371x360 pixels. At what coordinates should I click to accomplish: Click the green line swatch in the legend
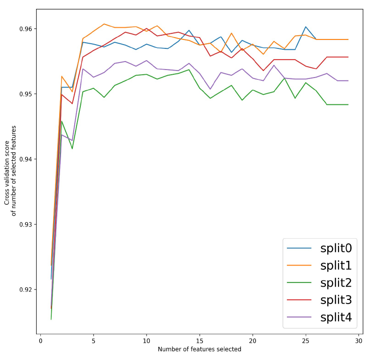(x=298, y=283)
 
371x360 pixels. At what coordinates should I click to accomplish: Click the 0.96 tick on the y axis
(x=25, y=29)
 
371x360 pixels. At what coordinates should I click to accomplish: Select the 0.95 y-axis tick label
(x=25, y=94)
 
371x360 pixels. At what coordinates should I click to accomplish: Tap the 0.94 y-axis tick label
(x=25, y=159)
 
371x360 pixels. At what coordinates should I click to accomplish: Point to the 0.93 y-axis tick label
(x=25, y=224)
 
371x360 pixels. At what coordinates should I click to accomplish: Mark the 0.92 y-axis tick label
(x=25, y=290)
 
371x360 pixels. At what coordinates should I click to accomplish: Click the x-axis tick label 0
(x=41, y=341)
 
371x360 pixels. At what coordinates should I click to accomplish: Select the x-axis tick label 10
(x=147, y=341)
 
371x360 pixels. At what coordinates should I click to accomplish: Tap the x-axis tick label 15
(x=200, y=341)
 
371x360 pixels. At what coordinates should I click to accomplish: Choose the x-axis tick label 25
(x=306, y=341)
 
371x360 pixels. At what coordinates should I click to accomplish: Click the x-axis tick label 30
(x=359, y=341)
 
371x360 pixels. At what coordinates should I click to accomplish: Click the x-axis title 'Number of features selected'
(x=200, y=349)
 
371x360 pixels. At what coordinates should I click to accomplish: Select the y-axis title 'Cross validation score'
(x=7, y=165)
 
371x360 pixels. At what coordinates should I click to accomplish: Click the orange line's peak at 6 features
(x=104, y=24)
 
